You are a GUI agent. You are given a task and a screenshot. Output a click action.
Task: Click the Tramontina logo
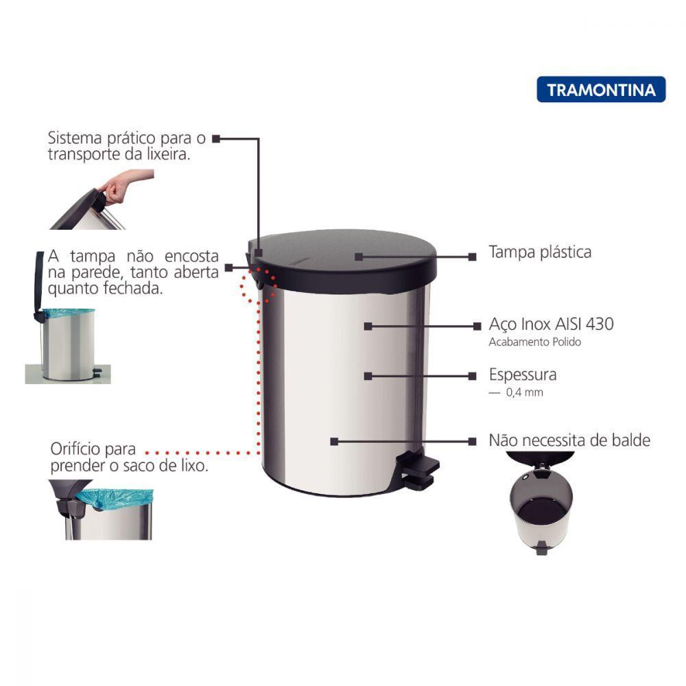(x=601, y=89)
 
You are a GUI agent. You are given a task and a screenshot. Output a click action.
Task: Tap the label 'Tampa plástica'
(x=540, y=252)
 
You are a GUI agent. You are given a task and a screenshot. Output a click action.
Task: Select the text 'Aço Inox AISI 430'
(x=551, y=324)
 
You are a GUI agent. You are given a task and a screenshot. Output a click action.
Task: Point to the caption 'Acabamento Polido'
(x=534, y=342)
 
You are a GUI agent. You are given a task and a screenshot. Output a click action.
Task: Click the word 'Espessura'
(x=522, y=375)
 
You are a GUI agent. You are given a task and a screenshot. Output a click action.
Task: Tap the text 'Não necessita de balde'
(x=569, y=440)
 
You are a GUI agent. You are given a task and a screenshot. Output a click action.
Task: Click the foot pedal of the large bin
(x=419, y=471)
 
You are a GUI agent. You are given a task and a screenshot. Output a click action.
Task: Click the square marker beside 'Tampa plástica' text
(x=472, y=257)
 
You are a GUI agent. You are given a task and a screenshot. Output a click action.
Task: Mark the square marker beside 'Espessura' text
(x=472, y=375)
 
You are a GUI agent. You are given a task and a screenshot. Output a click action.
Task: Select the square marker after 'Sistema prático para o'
(x=215, y=138)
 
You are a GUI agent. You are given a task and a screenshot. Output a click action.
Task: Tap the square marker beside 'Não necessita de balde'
(x=472, y=441)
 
